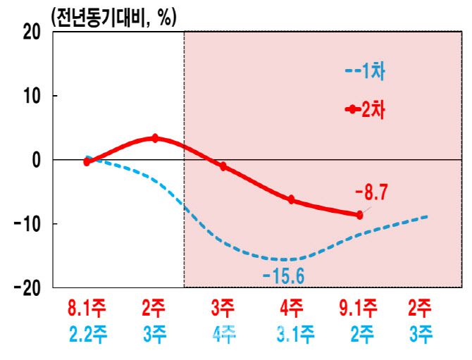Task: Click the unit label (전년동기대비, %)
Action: (x=113, y=17)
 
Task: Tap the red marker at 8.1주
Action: (x=87, y=161)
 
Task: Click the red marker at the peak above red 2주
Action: (x=155, y=138)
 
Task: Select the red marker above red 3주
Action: (x=223, y=166)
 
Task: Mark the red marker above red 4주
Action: (x=291, y=200)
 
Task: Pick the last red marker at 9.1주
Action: (x=359, y=215)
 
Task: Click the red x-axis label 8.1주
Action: (x=87, y=309)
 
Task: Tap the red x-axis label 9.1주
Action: (x=359, y=309)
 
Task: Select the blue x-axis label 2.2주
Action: (x=87, y=335)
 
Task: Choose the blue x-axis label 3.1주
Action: (x=291, y=335)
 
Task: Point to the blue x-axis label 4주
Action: (x=223, y=335)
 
